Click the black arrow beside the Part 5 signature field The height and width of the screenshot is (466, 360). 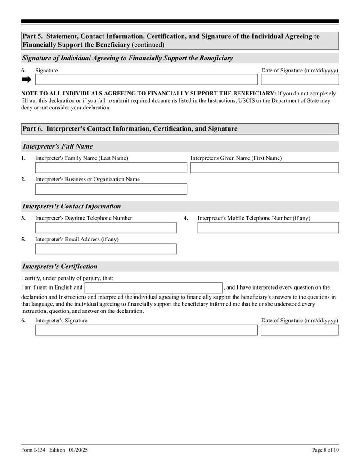point(27,80)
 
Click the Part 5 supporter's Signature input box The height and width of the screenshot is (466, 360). point(146,80)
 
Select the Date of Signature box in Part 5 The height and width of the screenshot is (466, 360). point(300,80)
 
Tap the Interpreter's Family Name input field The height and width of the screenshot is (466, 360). point(111,168)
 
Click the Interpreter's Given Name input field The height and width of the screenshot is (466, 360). point(264,168)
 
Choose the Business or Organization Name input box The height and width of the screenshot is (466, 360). point(111,189)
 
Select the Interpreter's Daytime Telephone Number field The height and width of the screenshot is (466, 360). point(106,228)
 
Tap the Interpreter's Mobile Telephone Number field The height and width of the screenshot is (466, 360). point(268,228)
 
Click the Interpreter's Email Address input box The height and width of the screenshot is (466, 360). point(106,249)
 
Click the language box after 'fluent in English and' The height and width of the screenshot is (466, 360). point(153,288)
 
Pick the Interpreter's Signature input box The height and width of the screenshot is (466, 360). point(146,330)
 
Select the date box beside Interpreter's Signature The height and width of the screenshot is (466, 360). point(300,330)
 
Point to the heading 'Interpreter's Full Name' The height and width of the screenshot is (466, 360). point(58,146)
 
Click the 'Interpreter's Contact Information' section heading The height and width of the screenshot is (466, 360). point(72,207)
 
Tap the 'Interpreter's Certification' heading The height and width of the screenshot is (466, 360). point(60,267)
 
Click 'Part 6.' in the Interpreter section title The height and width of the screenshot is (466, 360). point(33,129)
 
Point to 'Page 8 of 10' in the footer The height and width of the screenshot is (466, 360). point(325,450)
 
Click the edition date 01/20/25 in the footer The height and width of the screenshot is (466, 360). point(79,450)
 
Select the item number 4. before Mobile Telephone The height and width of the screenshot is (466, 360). point(185,218)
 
